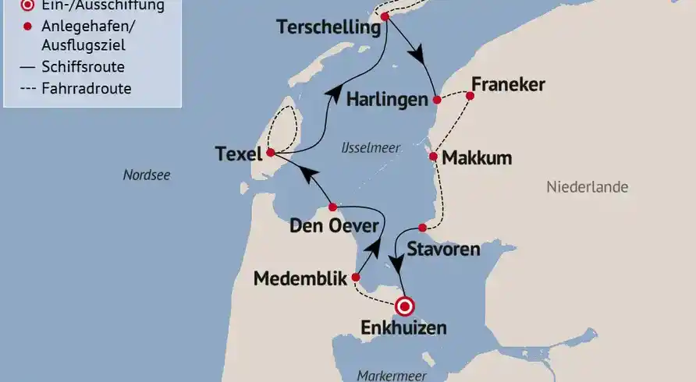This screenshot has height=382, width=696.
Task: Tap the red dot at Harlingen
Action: pos(437,100)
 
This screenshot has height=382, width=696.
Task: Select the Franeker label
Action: pos(508,85)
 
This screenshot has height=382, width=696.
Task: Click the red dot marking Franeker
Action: pos(470,96)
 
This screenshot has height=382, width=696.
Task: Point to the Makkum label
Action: pos(477,158)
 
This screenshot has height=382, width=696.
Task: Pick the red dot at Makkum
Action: pos(434,156)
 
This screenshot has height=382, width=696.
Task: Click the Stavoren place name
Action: pos(443,249)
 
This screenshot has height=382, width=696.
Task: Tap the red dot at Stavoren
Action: pos(422,228)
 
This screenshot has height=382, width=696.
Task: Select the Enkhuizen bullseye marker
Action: pos(404,306)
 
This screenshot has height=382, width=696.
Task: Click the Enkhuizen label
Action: pos(403,328)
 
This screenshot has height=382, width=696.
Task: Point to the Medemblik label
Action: pos(300,279)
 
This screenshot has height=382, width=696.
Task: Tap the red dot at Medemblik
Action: pos(356,277)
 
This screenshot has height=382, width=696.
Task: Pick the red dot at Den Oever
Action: pos(332,207)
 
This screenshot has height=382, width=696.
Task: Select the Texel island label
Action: pos(238,155)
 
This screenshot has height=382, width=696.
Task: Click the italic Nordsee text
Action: pos(147,175)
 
